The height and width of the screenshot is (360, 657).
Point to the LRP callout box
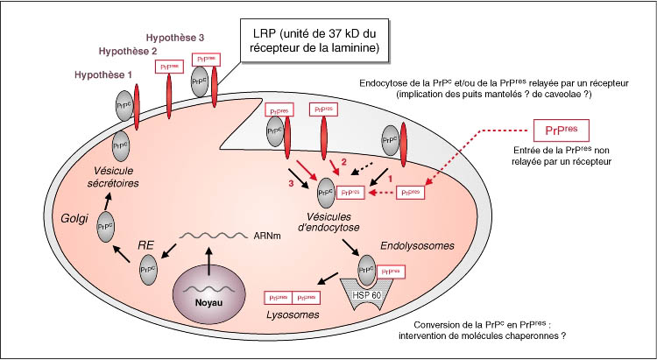coord(313,39)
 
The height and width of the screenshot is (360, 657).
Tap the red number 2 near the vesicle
coord(344,163)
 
